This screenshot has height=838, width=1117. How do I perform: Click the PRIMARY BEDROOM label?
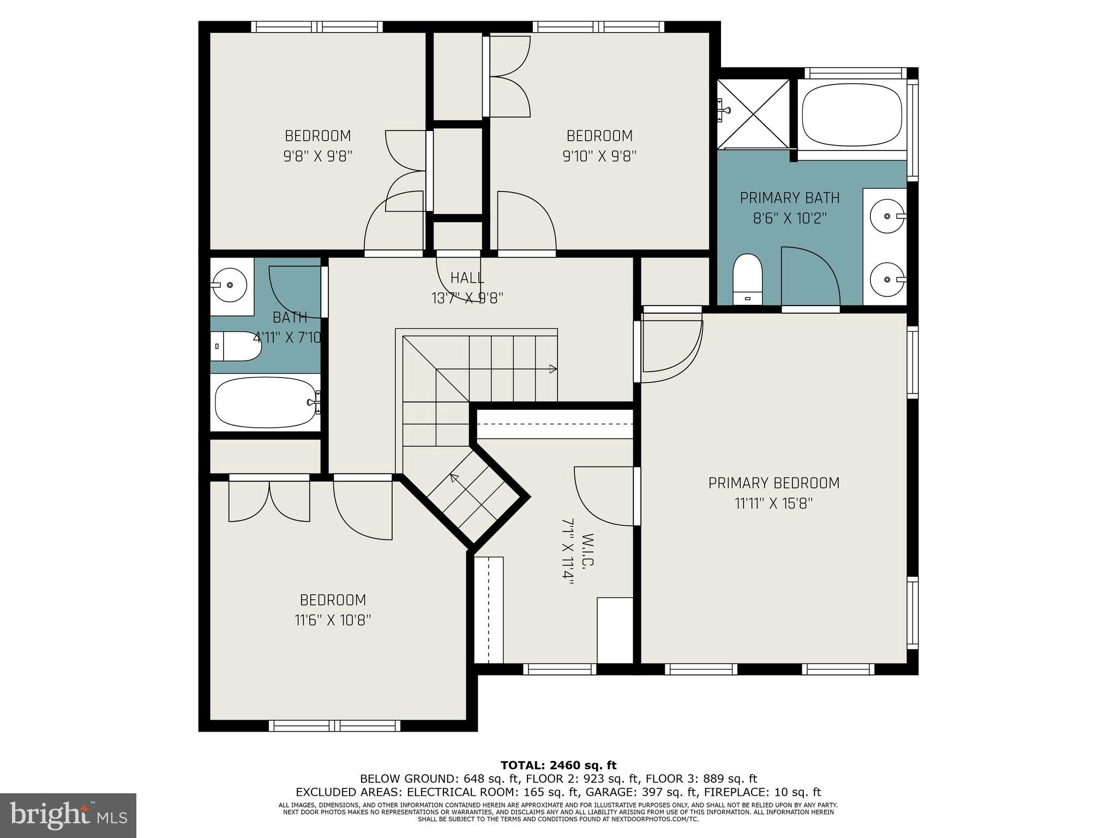(x=773, y=483)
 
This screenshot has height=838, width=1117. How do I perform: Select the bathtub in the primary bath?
(x=851, y=115)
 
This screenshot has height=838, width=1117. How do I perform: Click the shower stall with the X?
(x=753, y=113)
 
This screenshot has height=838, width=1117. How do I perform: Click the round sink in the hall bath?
(x=229, y=285)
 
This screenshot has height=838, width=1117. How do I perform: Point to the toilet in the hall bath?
(x=235, y=346)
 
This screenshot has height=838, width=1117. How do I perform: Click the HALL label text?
(x=467, y=278)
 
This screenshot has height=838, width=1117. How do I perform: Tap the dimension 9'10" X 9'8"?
(x=599, y=157)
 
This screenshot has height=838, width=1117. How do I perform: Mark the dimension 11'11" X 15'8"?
(x=773, y=503)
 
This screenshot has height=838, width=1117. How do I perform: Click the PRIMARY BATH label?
(x=789, y=197)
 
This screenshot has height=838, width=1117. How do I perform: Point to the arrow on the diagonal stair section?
(x=453, y=478)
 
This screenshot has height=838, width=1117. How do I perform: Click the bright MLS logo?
(x=68, y=816)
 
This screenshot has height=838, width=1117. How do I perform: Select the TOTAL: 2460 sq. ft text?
(x=558, y=765)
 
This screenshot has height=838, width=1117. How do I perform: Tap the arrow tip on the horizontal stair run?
(x=554, y=369)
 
